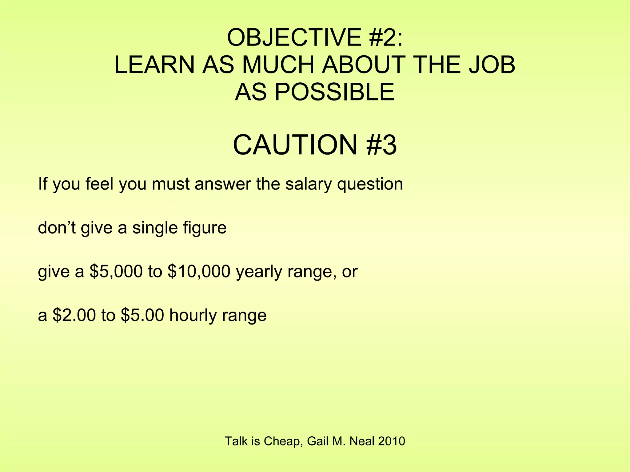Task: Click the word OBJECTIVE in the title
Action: click(294, 37)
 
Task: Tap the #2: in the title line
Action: click(385, 37)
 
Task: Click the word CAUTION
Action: click(295, 145)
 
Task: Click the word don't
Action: click(57, 228)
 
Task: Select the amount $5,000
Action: click(116, 272)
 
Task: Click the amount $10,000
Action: click(199, 272)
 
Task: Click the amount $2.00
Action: click(74, 315)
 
